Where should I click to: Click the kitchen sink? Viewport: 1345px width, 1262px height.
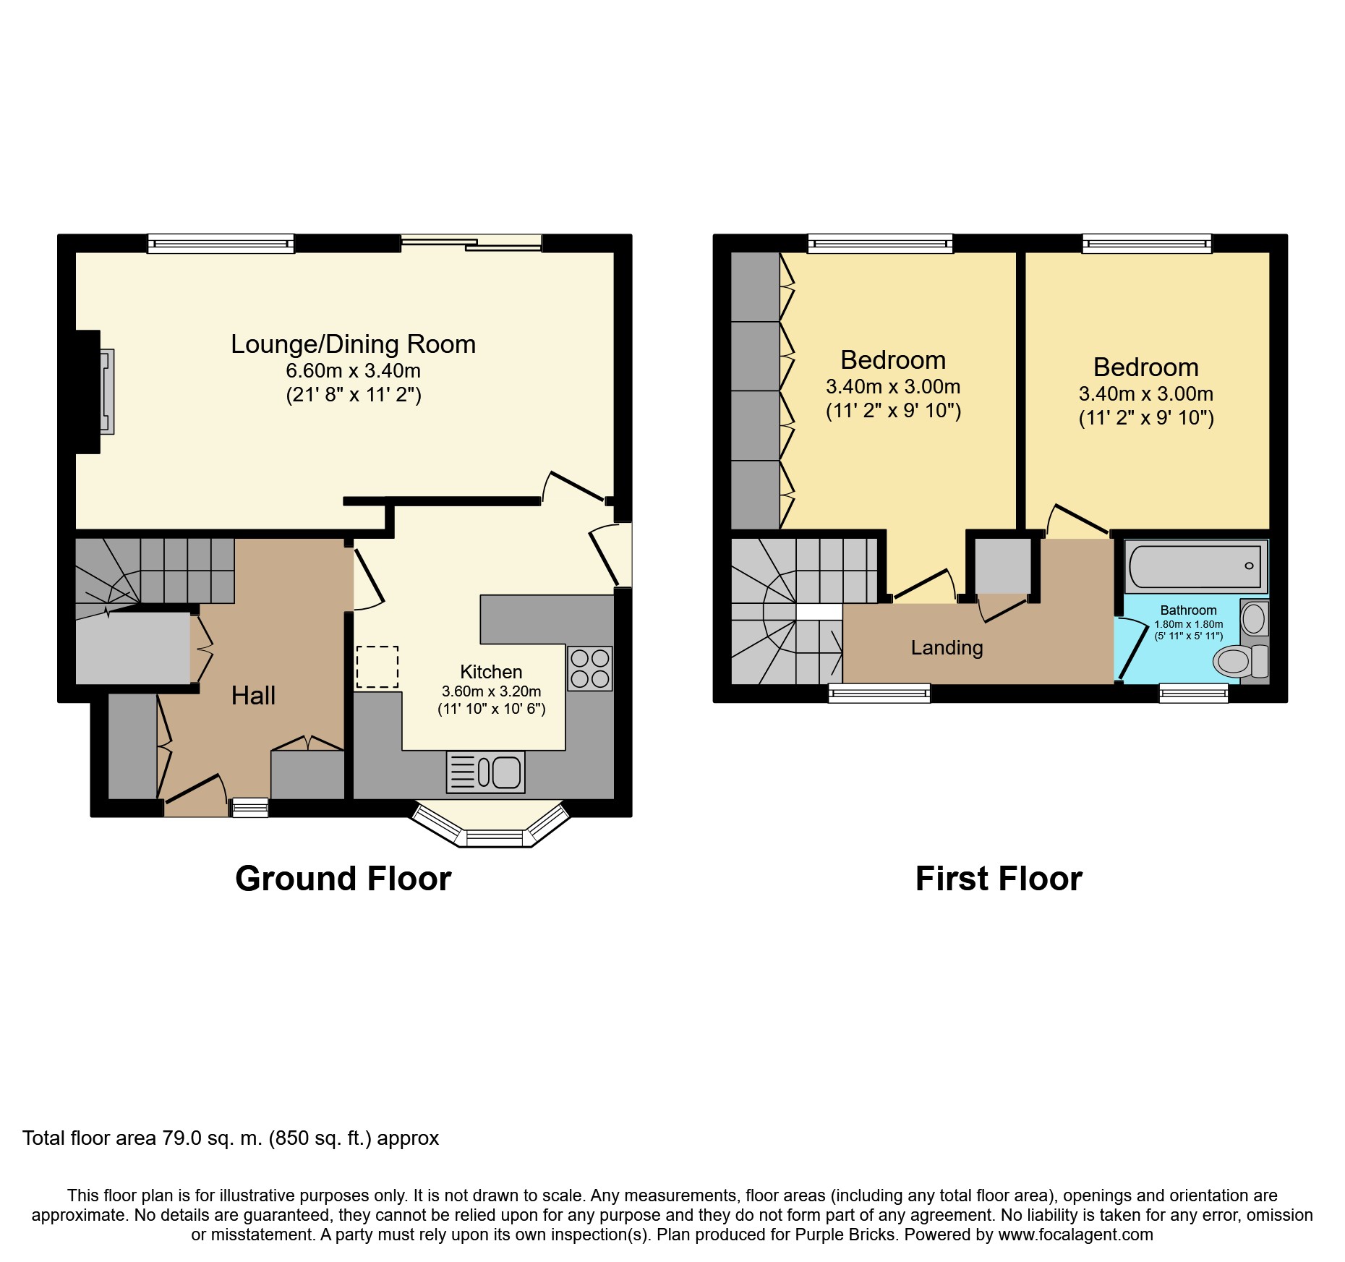click(x=486, y=772)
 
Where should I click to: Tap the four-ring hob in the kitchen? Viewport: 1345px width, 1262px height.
click(x=590, y=668)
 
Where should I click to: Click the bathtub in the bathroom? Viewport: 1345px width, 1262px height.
click(x=1196, y=566)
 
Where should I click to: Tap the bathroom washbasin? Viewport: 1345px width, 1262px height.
click(x=1254, y=618)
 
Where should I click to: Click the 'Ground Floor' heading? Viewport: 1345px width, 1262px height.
click(x=343, y=879)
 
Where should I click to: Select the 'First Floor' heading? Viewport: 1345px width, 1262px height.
click(x=999, y=879)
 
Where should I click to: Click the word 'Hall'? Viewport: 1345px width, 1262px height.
click(x=253, y=696)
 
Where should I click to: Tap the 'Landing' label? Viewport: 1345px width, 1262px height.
click(x=947, y=648)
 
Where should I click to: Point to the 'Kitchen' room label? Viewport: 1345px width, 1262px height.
click(x=491, y=672)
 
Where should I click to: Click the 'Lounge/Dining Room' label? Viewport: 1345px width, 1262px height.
click(x=353, y=344)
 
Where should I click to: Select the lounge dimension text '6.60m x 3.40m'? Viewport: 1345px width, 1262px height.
click(x=353, y=371)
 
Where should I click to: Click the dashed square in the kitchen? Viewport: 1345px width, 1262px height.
click(x=377, y=667)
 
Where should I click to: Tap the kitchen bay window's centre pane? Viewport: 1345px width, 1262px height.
click(x=495, y=838)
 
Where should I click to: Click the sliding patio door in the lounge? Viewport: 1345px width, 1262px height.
click(x=471, y=243)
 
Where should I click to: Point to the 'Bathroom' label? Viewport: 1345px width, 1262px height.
click(x=1188, y=610)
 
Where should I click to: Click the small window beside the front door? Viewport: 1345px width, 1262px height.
click(x=249, y=808)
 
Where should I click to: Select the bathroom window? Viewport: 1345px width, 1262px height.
click(x=1194, y=693)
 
